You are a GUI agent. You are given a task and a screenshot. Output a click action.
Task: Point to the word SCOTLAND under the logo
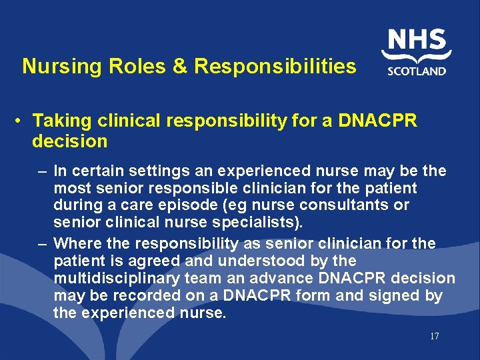click(417, 71)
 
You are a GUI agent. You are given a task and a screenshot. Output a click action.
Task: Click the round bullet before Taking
click(21, 121)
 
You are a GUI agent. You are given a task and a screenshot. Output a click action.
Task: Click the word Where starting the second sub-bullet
click(75, 244)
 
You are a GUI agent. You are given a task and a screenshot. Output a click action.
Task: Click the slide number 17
click(434, 337)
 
